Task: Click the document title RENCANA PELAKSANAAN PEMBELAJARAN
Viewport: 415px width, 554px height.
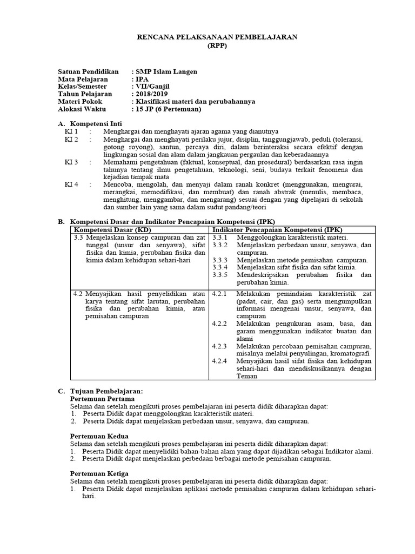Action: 218,36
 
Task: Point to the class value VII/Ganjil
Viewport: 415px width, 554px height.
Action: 153,87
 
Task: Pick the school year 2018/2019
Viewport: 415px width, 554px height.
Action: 153,94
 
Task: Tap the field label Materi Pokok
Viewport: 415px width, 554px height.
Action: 80,102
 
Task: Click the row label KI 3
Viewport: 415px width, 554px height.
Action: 71,162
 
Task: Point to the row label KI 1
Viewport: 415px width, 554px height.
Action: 71,131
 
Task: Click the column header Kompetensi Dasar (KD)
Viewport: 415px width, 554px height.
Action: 111,230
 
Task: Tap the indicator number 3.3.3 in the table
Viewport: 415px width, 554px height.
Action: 220,260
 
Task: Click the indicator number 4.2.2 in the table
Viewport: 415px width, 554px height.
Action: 220,324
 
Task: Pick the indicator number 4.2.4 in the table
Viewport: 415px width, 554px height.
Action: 220,361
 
